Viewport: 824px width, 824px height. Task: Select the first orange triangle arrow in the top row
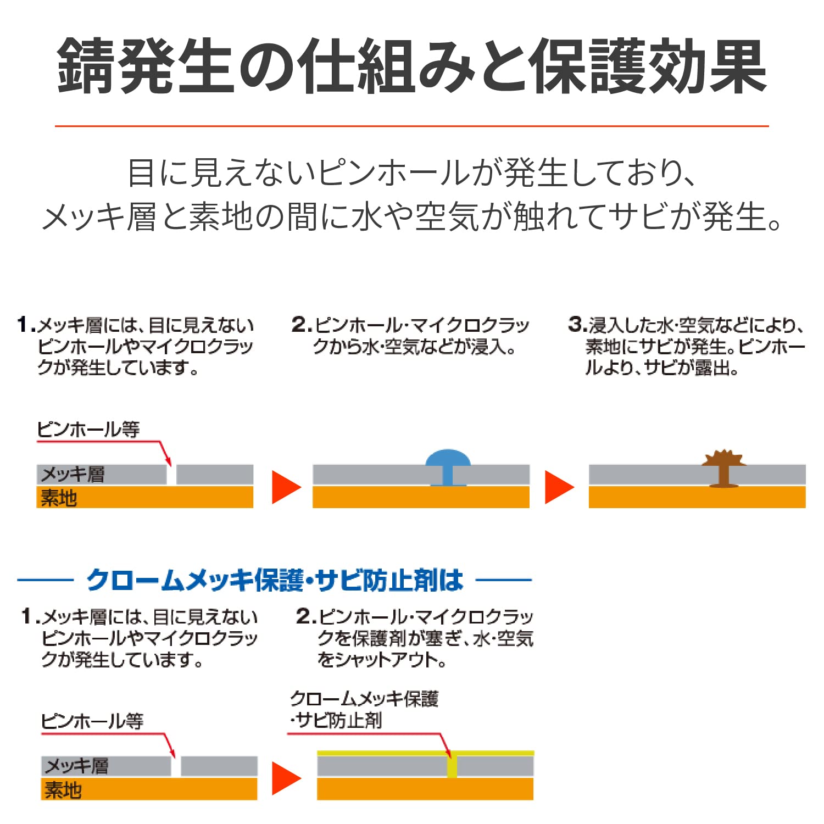(x=285, y=487)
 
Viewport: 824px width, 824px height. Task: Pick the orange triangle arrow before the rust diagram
(x=558, y=487)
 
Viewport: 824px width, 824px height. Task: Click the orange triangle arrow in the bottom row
(x=285, y=778)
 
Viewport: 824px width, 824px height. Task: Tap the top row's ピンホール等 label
(x=88, y=430)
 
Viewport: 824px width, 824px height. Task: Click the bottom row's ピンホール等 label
(x=92, y=721)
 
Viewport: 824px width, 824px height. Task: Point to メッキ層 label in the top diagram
(x=73, y=474)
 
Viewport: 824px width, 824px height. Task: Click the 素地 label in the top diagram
(x=59, y=498)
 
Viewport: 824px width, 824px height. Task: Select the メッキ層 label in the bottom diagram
(x=77, y=766)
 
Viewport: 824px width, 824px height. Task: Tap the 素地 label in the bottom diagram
(x=63, y=790)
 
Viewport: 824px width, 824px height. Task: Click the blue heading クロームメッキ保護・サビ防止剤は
(x=275, y=580)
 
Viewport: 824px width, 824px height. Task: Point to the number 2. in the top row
(x=302, y=324)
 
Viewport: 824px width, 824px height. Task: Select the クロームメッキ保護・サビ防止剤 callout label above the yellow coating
(x=364, y=709)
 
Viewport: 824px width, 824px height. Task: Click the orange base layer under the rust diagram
(x=697, y=497)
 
